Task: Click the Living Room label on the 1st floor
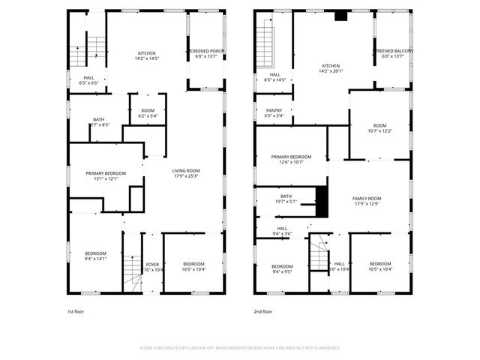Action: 186,170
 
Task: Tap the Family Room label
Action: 367,198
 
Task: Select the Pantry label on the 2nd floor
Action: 274,110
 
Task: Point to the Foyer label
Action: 152,264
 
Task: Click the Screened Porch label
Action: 205,51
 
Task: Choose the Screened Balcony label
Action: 394,51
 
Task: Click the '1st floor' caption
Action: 76,311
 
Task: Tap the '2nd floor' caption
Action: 262,311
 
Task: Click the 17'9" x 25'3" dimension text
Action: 186,176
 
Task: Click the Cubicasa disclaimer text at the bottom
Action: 240,348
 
